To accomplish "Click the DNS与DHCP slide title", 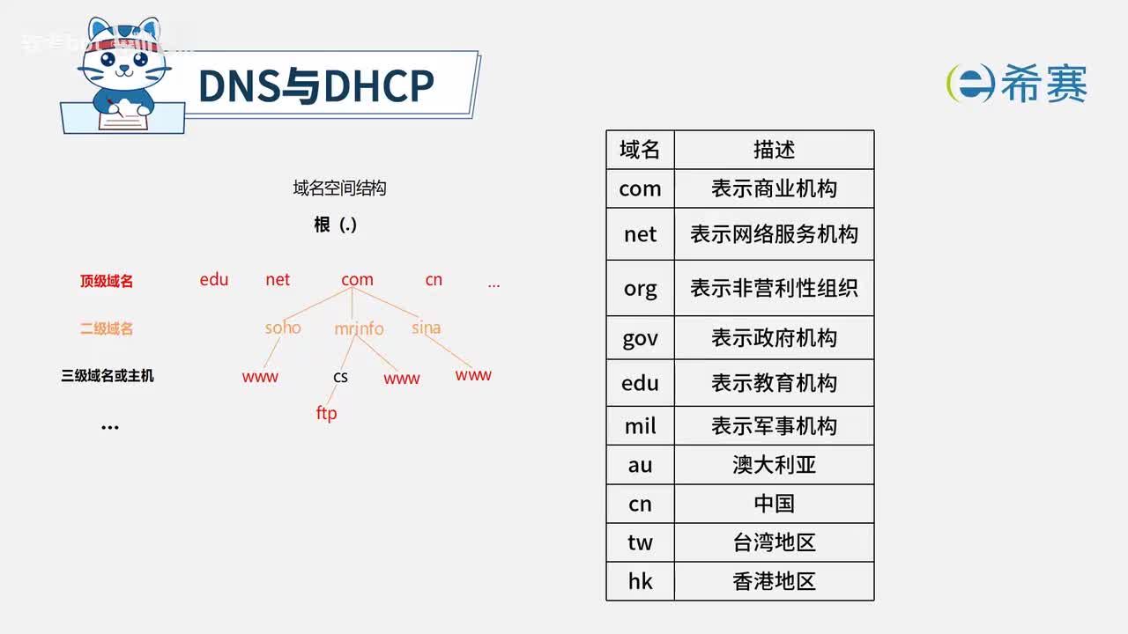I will (315, 86).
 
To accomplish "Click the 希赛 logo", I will (1017, 85).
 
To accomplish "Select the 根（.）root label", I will (336, 225).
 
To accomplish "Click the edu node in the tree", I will (214, 280).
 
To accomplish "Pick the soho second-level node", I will (283, 328).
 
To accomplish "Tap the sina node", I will (426, 328).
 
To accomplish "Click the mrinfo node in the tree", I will (359, 328).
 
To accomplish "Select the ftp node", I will (326, 413).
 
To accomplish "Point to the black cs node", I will (340, 377).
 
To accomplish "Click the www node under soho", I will (260, 377).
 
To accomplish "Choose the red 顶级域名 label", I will (107, 282).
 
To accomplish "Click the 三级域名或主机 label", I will (108, 376).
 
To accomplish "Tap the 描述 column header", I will (774, 150).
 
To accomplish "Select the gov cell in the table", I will (640, 338).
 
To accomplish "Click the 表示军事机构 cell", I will (774, 426).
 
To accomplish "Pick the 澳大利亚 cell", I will (774, 464).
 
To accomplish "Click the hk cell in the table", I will (640, 581).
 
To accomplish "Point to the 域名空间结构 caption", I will (339, 188).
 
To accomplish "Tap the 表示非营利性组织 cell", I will (774, 288).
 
